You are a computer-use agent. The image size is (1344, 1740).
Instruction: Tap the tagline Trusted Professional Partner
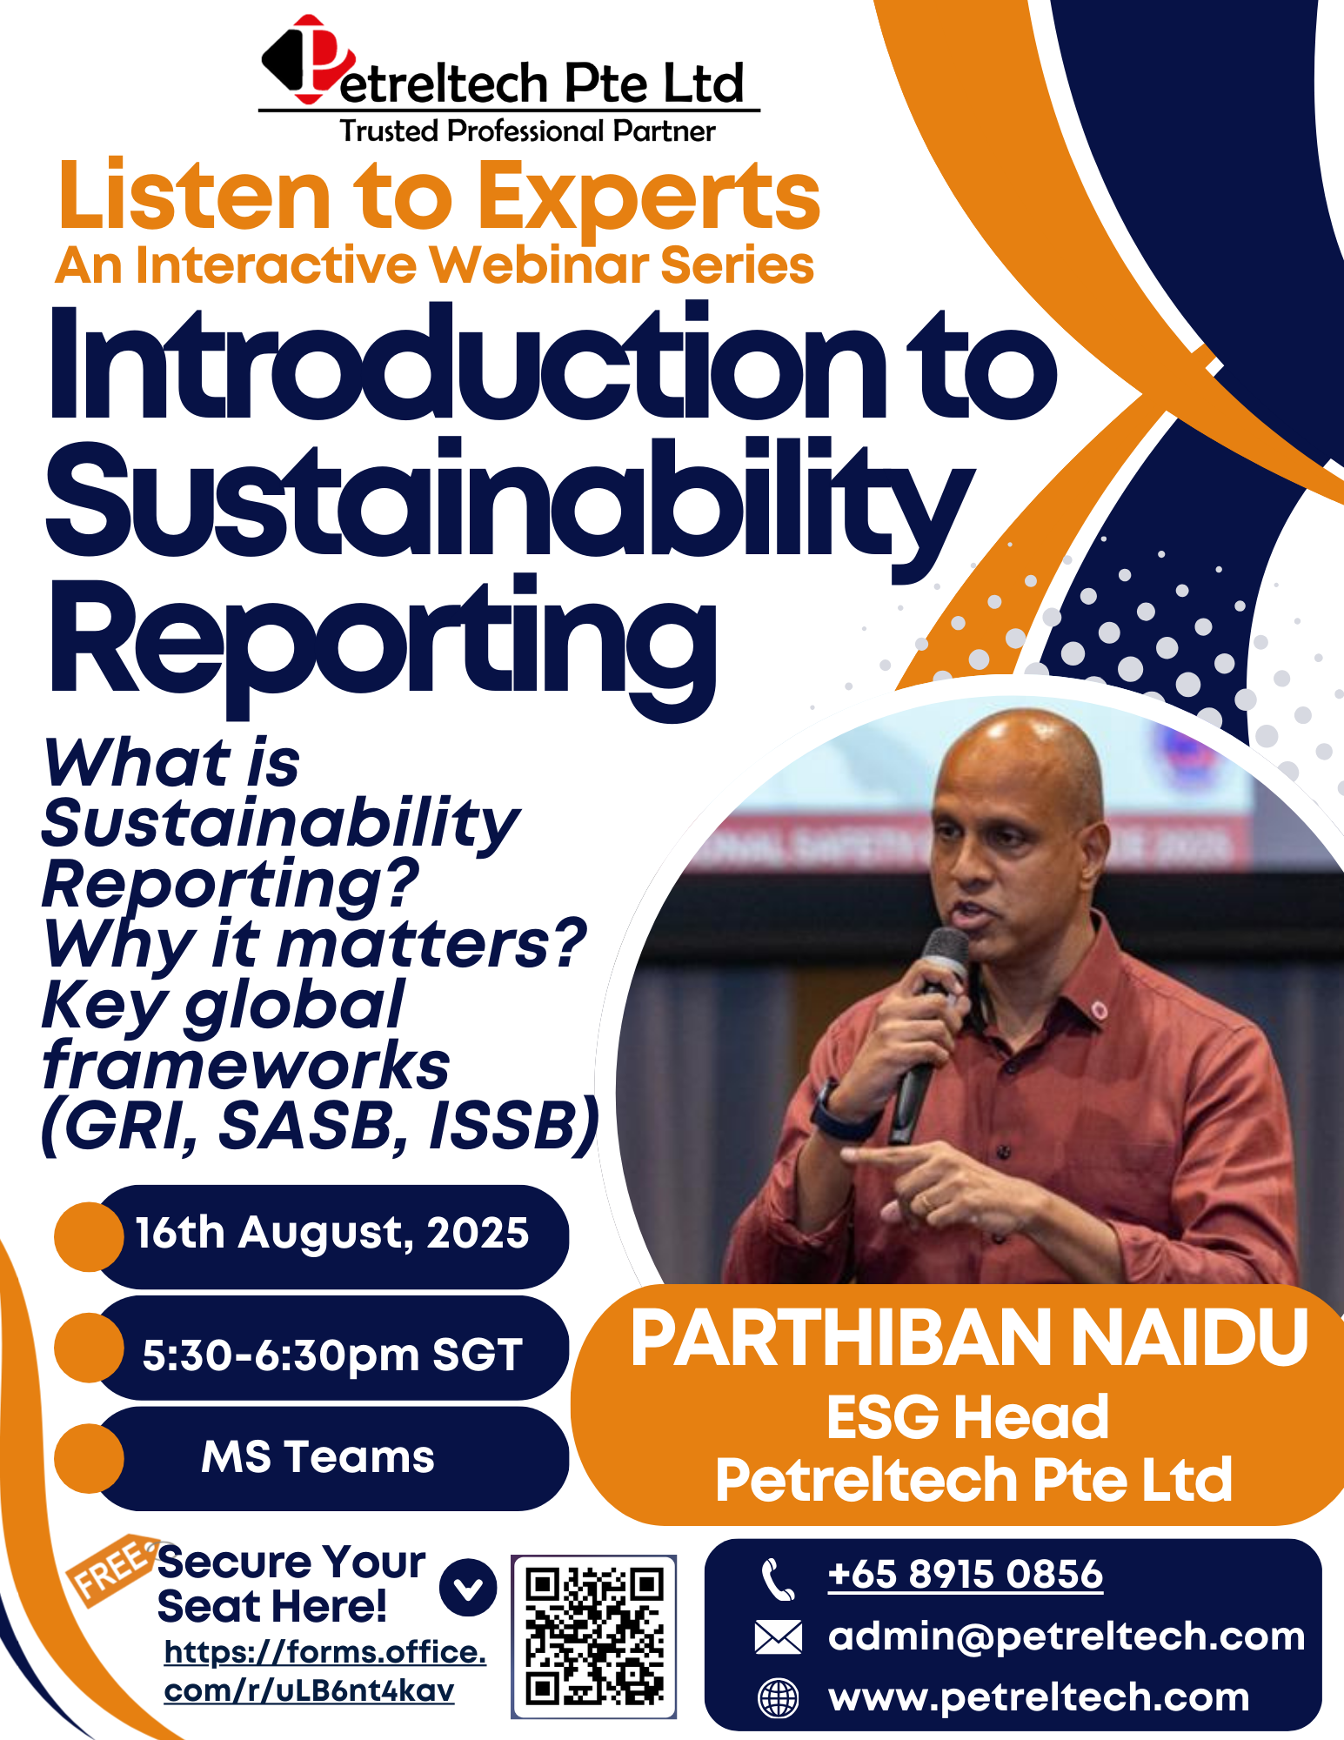[527, 131]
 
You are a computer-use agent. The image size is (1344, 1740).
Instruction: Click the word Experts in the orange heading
[648, 198]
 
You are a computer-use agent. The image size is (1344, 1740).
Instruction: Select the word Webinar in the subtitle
[539, 265]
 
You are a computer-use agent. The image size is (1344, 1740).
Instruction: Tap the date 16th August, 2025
[331, 1233]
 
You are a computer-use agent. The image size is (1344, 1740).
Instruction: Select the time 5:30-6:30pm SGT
[331, 1355]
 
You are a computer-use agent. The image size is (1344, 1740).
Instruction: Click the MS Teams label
[318, 1457]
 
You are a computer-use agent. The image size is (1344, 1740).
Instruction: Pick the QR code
[594, 1636]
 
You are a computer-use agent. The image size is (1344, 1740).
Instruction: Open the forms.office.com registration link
[324, 1670]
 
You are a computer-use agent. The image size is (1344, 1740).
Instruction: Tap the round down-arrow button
[468, 1589]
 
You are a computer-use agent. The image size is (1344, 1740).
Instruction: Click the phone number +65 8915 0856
[965, 1575]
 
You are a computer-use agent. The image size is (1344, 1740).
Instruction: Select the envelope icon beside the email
[778, 1636]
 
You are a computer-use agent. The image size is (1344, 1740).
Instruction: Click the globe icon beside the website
[778, 1697]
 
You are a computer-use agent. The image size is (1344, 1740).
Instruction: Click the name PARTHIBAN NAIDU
[968, 1340]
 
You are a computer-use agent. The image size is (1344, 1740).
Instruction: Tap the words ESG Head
[967, 1417]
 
